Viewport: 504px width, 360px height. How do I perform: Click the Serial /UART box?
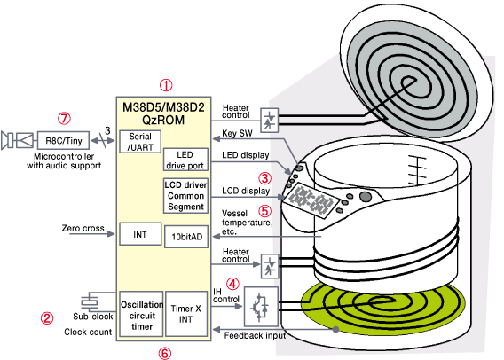140,142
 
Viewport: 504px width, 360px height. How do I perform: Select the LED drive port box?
185,160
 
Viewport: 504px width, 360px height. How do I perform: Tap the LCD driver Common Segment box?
185,196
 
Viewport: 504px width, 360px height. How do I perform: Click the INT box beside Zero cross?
140,234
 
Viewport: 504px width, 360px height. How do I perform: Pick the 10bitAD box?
186,237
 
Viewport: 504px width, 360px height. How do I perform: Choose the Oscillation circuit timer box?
141,314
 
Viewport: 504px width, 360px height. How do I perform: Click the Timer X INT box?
186,314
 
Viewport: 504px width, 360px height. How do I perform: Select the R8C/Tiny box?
63,140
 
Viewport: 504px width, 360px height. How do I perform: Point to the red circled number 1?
166,85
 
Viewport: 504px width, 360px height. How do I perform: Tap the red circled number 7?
64,119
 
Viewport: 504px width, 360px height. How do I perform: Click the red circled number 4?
232,284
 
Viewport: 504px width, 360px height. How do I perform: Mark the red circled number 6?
164,353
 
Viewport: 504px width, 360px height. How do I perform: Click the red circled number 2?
47,318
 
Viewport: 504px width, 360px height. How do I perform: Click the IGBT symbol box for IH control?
261,307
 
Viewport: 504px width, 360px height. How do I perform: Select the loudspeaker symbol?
7,140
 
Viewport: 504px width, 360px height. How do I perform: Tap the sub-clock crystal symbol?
89,301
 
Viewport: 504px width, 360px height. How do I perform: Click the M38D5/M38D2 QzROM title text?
163,113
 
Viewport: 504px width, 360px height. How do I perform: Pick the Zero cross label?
83,228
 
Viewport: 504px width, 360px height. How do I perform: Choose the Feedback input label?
255,335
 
